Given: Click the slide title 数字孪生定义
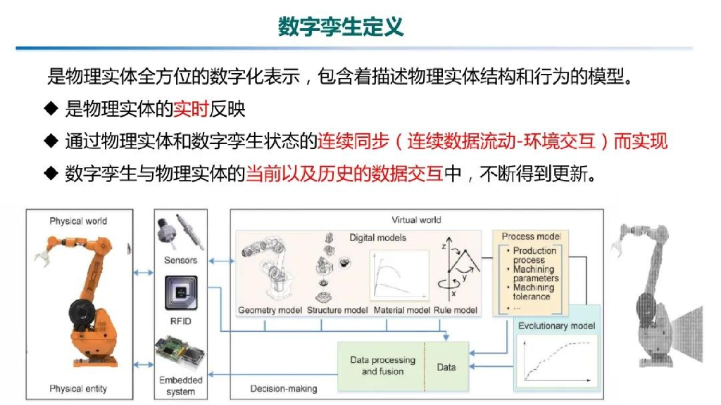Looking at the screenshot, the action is (x=341, y=27).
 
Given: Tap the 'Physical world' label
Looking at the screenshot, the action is (x=78, y=221).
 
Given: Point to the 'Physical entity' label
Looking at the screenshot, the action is (x=78, y=389).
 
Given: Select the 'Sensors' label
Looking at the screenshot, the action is (x=181, y=260).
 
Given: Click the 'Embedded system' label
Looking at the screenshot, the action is (x=181, y=385).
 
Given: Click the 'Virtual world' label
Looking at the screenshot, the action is (x=417, y=220).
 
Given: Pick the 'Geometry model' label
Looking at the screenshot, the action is (x=270, y=310).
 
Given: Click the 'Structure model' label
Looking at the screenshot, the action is (x=337, y=310).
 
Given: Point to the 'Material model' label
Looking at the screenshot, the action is (x=401, y=310).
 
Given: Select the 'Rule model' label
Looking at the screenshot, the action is (x=456, y=310).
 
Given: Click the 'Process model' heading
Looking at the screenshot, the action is (x=531, y=236).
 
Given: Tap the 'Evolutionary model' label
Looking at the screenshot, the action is (x=556, y=326).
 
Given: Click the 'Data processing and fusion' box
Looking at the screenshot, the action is (x=382, y=366).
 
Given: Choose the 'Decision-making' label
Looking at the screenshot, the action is (x=284, y=388).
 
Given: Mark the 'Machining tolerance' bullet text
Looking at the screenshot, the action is (x=533, y=292).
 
